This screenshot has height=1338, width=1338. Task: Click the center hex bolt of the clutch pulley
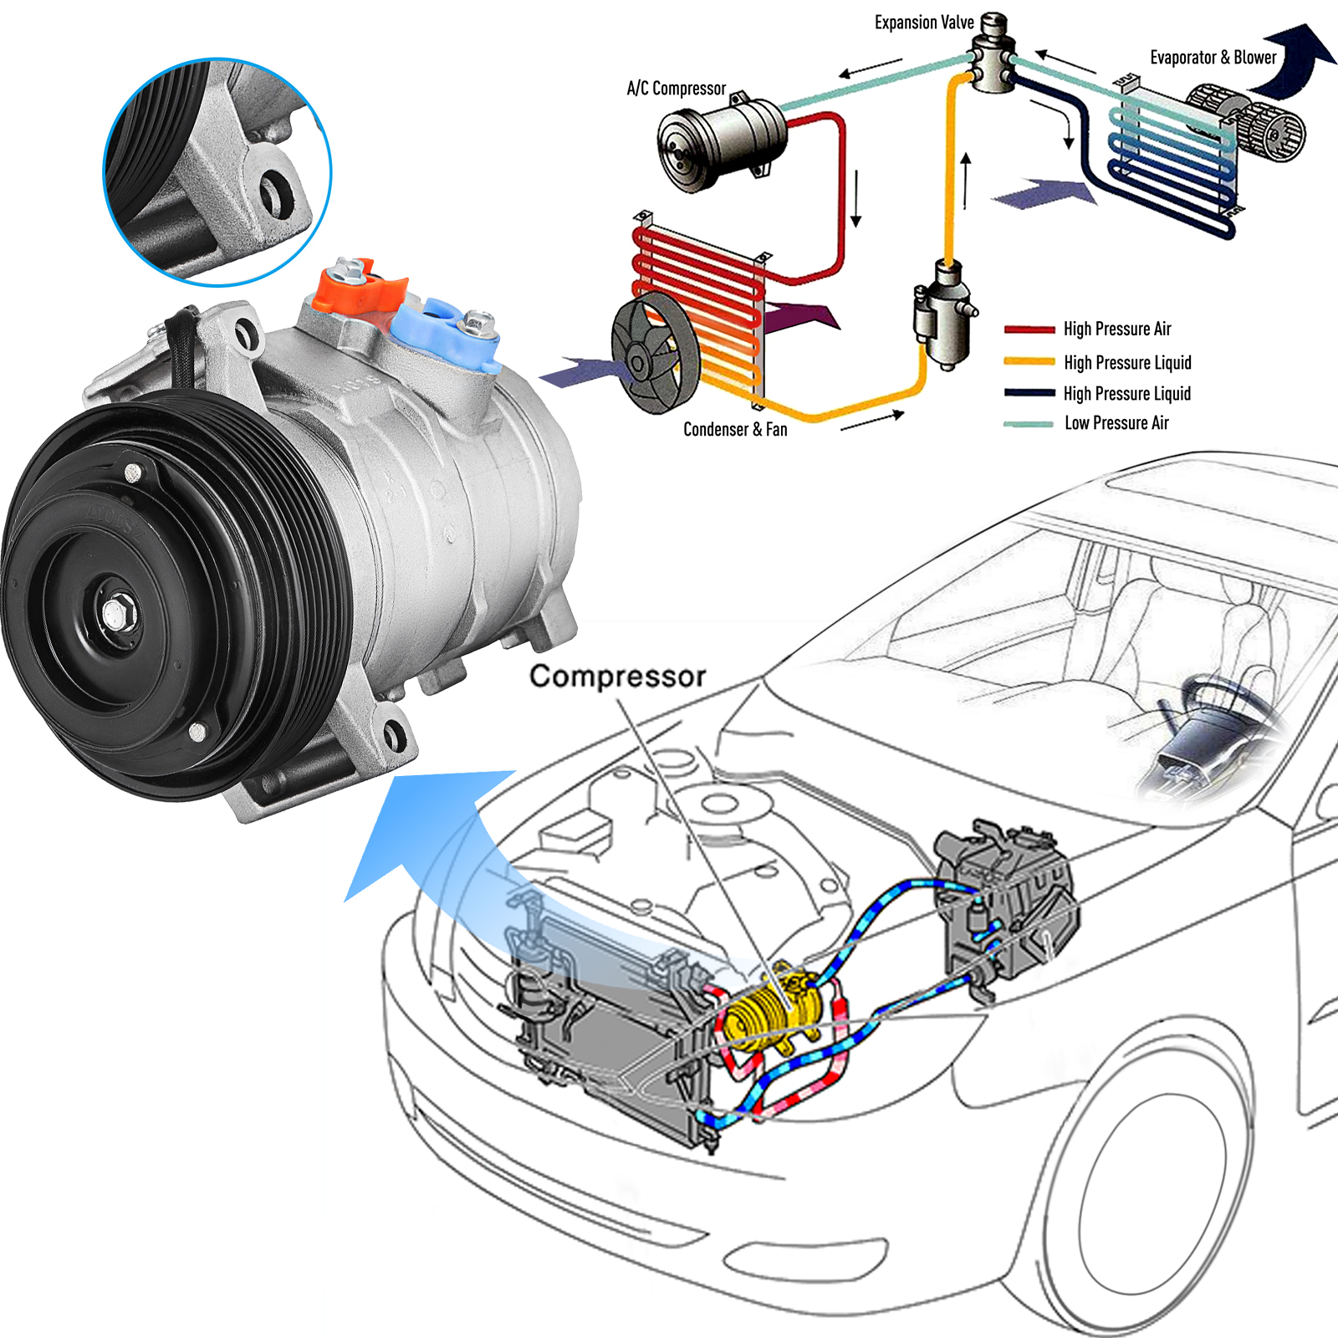(116, 615)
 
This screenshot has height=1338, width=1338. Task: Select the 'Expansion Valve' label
(923, 23)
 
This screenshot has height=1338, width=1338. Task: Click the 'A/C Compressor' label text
(676, 89)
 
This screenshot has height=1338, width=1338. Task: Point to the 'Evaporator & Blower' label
(1213, 58)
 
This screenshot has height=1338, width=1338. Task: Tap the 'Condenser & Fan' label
(735, 430)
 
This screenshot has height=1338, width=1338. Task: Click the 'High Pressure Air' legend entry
(1116, 329)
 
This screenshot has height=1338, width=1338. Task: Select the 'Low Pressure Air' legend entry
(1116, 424)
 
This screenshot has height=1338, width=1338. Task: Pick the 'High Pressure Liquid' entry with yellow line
(1126, 363)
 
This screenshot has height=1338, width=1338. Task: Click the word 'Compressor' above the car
(617, 677)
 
